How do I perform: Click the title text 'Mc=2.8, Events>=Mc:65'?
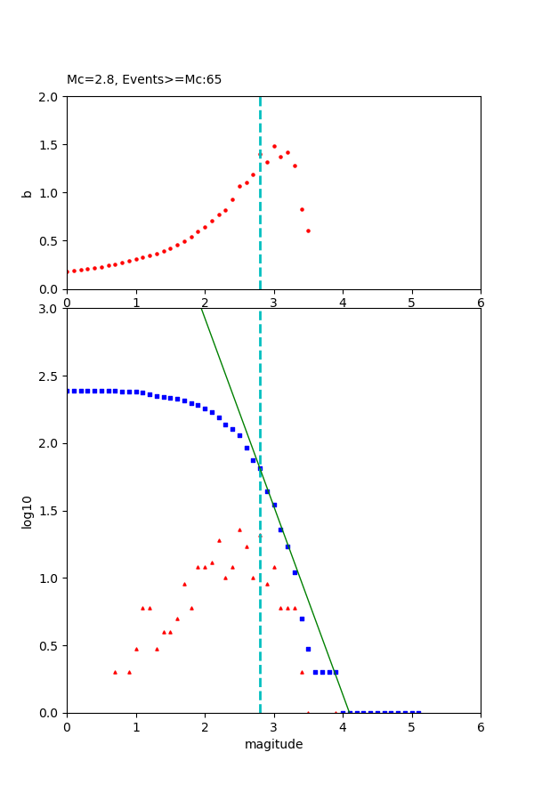click(144, 80)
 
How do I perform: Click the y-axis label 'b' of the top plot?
click(28, 193)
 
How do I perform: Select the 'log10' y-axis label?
click(28, 511)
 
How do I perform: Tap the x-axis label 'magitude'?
click(273, 744)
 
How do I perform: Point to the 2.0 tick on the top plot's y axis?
click(52, 96)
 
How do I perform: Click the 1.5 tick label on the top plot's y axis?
click(52, 145)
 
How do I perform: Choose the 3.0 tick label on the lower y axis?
click(52, 309)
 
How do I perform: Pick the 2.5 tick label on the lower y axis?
click(52, 376)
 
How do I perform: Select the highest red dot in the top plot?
click(274, 146)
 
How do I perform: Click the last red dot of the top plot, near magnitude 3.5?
click(308, 231)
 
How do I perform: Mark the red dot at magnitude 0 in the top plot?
click(68, 271)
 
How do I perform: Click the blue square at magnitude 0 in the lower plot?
click(68, 391)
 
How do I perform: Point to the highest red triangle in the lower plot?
click(239, 530)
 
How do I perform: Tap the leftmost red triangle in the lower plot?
click(115, 672)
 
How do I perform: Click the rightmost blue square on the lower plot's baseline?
click(418, 712)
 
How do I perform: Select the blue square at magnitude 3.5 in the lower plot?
click(308, 649)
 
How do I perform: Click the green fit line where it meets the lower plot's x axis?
click(350, 712)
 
